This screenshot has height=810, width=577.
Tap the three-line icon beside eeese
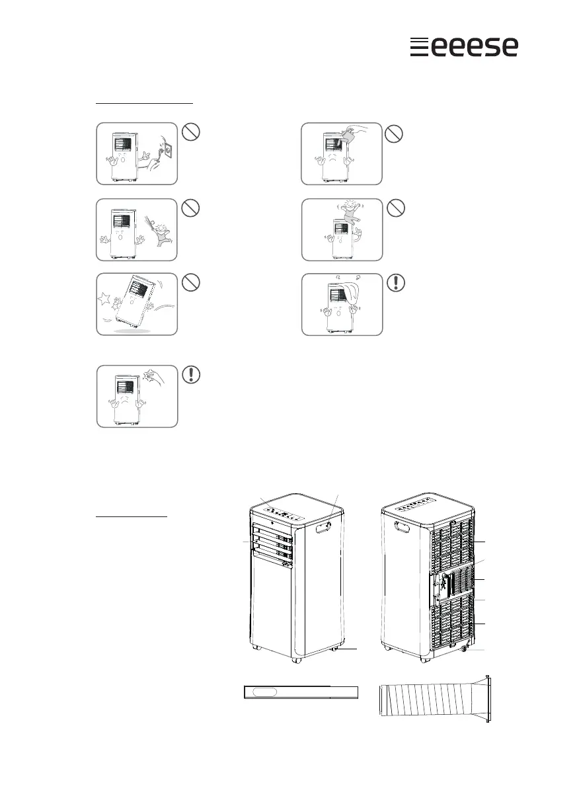[416, 47]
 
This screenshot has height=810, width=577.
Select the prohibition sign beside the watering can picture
[395, 134]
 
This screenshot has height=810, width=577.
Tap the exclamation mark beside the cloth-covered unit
[395, 284]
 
